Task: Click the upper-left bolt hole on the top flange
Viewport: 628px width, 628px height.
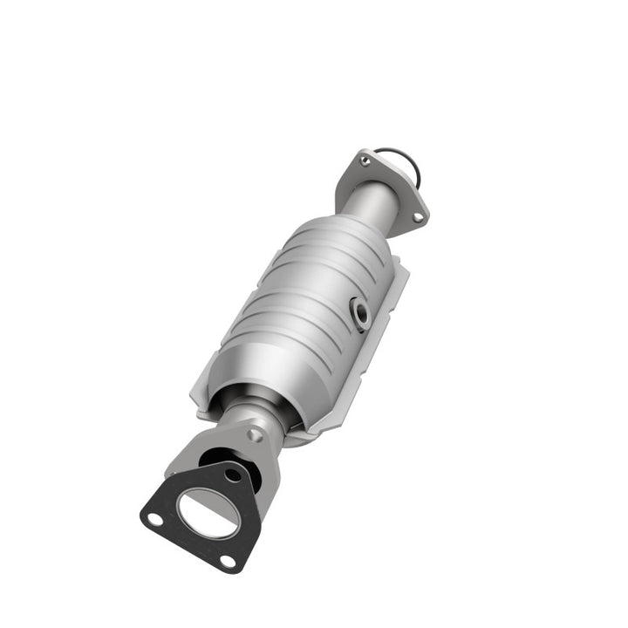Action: point(365,160)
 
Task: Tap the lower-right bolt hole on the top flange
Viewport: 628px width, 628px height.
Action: point(418,215)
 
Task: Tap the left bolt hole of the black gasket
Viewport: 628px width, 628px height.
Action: point(154,518)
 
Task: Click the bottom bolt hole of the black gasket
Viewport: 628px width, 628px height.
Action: point(227,560)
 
